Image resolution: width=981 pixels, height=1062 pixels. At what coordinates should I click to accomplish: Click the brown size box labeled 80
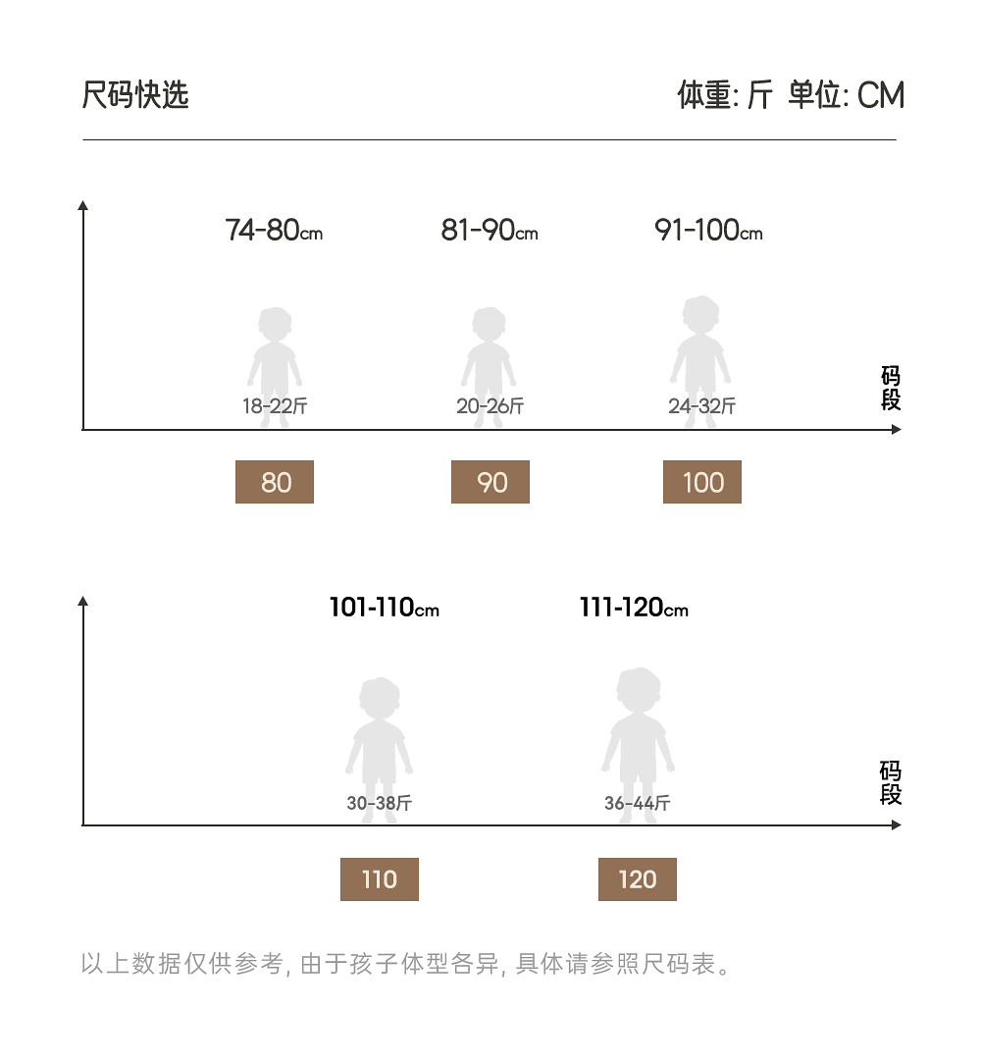coord(275,482)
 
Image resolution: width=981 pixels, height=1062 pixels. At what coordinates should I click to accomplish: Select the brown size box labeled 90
coord(490,482)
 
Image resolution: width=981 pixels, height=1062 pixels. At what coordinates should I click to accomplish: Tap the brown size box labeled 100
coord(702,482)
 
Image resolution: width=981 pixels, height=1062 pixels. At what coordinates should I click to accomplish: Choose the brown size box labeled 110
coord(380,879)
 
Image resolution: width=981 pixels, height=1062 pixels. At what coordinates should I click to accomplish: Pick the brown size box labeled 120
coord(638,879)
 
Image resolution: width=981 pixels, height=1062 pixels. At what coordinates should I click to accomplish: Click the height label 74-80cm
coord(274,231)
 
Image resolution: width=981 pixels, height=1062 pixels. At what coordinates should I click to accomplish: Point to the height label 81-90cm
coord(490,231)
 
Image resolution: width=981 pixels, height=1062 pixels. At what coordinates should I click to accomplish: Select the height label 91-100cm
coord(708,231)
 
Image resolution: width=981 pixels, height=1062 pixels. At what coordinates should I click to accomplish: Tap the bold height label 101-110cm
coord(384,609)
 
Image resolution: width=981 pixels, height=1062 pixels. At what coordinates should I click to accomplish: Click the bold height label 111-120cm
coord(634,609)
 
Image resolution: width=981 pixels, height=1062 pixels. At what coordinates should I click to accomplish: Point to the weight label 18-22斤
coord(276,406)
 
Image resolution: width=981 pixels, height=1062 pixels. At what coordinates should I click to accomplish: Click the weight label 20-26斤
coord(490,406)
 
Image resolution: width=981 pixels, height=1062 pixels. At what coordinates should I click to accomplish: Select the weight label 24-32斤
coord(702,406)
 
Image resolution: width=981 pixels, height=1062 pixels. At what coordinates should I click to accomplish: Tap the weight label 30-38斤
coord(380,804)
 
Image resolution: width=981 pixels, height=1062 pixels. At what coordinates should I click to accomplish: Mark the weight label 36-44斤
coord(638,804)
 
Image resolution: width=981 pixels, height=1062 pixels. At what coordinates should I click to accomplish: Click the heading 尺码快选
coord(135,95)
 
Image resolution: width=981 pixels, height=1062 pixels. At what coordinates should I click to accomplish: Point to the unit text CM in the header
coord(880,95)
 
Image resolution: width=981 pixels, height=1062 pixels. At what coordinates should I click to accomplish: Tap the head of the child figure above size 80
coord(275,325)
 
